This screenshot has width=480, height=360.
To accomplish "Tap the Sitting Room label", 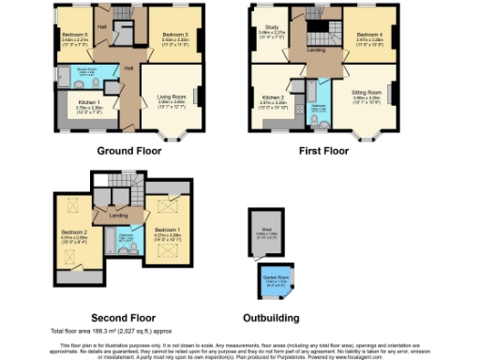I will [365, 94].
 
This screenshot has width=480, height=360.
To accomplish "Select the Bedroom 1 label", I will [167, 230].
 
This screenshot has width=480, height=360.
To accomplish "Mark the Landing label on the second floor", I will [119, 216].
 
